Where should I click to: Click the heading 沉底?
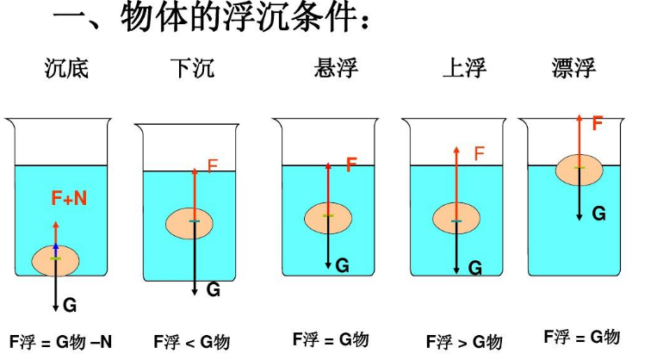(66, 67)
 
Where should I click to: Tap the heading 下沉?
(191, 67)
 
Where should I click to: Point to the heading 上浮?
(464, 67)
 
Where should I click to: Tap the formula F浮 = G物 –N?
(61, 341)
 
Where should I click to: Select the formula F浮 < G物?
(191, 342)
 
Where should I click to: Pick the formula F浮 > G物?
(464, 342)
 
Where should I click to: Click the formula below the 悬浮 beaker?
(331, 339)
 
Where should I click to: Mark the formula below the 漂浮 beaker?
(581, 337)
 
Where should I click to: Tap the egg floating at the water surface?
(579, 169)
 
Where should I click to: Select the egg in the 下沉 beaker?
(194, 222)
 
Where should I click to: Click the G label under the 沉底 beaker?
(70, 305)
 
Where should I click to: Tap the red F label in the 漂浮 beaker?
(597, 123)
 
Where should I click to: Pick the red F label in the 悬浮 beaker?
(351, 164)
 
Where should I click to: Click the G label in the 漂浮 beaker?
(598, 213)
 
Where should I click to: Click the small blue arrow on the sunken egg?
(56, 249)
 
